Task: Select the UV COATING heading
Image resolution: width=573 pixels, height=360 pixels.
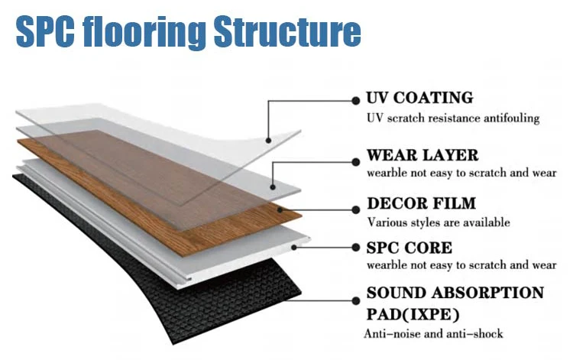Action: [419, 99]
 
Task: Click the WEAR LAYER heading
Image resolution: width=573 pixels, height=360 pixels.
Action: [422, 156]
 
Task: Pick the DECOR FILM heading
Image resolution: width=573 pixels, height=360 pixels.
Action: [422, 204]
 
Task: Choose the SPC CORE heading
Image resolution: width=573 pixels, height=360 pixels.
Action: [410, 248]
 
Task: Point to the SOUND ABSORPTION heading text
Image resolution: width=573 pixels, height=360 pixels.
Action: [455, 294]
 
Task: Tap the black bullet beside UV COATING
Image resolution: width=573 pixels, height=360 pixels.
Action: [355, 99]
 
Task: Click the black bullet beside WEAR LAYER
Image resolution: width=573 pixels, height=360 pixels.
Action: [355, 161]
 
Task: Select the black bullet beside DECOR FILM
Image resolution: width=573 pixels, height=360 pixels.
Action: [355, 207]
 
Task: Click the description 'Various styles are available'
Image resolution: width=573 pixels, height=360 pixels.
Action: [439, 222]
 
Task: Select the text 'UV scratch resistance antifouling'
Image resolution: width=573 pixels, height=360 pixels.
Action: [453, 118]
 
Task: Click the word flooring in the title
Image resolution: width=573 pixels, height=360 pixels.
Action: [148, 32]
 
